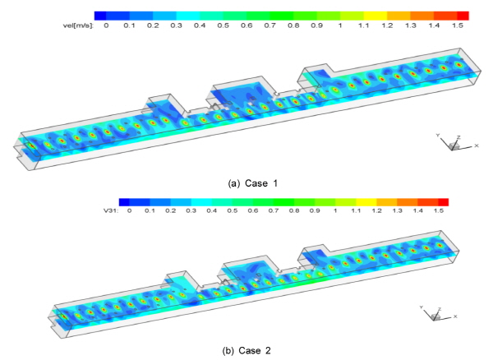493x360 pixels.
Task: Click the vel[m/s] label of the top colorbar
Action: (78, 25)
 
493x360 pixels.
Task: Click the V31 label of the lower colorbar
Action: (111, 210)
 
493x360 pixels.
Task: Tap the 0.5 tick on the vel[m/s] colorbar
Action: (223, 25)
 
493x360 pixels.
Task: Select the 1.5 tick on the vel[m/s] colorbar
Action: (458, 25)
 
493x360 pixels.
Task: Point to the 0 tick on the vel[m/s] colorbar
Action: (106, 25)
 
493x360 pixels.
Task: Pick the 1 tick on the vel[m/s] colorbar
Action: (340, 25)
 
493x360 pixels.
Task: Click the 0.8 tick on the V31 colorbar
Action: (294, 210)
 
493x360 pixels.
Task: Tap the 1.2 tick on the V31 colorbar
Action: (376, 210)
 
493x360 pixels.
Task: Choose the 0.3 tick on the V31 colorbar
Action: (191, 210)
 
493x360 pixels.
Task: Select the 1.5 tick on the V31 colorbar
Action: (439, 210)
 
